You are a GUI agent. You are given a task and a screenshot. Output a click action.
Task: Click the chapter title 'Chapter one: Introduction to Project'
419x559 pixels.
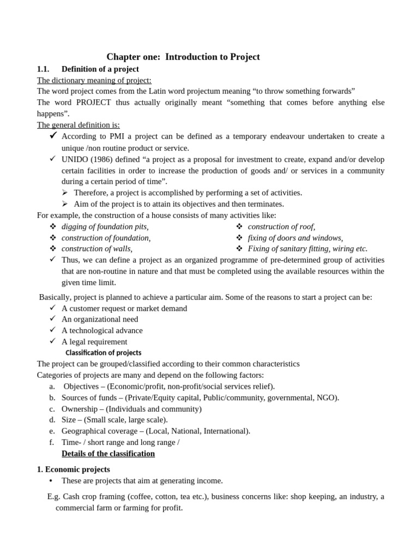[x=183, y=57]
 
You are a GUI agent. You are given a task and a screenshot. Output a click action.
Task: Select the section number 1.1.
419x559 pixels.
[x=43, y=69]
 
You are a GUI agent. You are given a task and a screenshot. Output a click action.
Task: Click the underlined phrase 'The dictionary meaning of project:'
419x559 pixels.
[x=94, y=80]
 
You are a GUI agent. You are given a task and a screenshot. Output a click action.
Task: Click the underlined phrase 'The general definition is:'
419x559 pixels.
[x=78, y=125]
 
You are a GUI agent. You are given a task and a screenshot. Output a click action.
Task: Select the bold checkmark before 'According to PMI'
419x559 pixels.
[x=53, y=135]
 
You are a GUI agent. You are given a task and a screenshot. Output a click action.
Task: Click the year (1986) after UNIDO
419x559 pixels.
[x=105, y=159]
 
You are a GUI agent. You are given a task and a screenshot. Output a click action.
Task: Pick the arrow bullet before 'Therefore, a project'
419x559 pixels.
[x=65, y=192]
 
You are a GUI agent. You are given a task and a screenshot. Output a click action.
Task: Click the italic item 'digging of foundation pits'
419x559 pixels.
[x=105, y=227]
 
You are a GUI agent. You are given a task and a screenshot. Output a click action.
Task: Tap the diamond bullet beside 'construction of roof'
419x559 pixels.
[x=239, y=227]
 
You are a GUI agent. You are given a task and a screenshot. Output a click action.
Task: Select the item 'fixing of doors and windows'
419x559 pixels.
[x=295, y=238]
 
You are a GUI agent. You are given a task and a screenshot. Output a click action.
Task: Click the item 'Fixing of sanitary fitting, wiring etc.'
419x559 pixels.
[x=308, y=249]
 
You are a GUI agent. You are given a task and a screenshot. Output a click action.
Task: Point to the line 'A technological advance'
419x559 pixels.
[x=102, y=330]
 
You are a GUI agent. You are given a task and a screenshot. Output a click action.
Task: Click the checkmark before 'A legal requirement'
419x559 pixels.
[x=52, y=341]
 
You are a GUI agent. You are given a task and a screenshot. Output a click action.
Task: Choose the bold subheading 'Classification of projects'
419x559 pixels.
[x=103, y=353]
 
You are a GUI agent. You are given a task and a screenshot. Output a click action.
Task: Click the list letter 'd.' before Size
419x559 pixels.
[x=52, y=420]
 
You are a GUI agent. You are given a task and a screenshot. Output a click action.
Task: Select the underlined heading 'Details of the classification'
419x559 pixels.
[x=108, y=454]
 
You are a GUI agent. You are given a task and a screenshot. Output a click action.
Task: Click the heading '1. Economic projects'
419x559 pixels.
[x=73, y=469]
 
